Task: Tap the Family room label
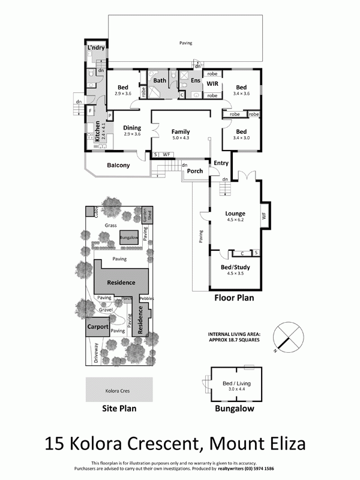(x=181, y=131)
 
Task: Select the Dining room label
(x=132, y=128)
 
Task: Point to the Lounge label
(x=235, y=213)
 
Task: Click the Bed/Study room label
(x=235, y=267)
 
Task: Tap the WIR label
(x=212, y=84)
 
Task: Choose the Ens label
(x=195, y=80)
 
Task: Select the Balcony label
(x=118, y=166)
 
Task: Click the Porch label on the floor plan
(x=194, y=171)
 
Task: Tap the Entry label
(x=221, y=163)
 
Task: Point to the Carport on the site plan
(x=98, y=328)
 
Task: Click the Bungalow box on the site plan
(x=128, y=238)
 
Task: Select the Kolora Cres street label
(x=118, y=391)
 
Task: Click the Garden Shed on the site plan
(x=146, y=216)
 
